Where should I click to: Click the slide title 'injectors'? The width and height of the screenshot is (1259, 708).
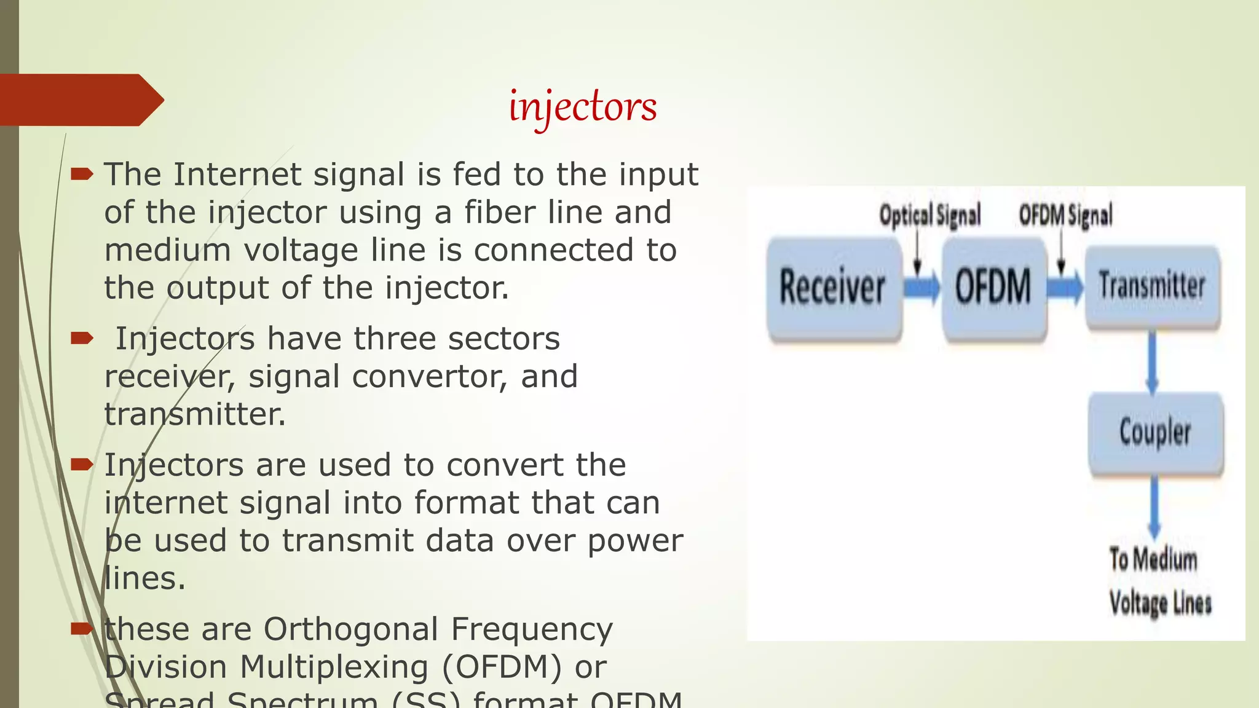pos(583,107)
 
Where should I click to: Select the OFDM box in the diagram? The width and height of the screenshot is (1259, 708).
pos(993,288)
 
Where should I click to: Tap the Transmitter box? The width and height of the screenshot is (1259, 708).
pos(1152,286)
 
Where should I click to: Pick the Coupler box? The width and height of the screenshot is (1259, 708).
pos(1155,432)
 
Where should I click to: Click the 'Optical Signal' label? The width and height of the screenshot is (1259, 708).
pos(929,216)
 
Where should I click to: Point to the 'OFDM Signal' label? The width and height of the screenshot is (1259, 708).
pos(1065,216)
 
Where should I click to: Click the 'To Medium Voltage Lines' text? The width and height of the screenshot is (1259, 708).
pos(1159,581)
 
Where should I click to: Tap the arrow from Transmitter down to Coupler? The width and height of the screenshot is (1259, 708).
pos(1152,363)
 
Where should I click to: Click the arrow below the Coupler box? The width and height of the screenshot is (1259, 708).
pos(1154,507)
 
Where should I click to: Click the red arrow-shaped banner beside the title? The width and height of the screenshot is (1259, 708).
pos(80,100)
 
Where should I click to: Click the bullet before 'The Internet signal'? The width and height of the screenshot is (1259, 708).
pos(81,175)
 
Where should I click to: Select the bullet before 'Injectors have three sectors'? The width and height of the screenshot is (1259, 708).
pos(81,339)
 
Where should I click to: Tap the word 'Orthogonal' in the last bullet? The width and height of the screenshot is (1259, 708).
pos(351,629)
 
